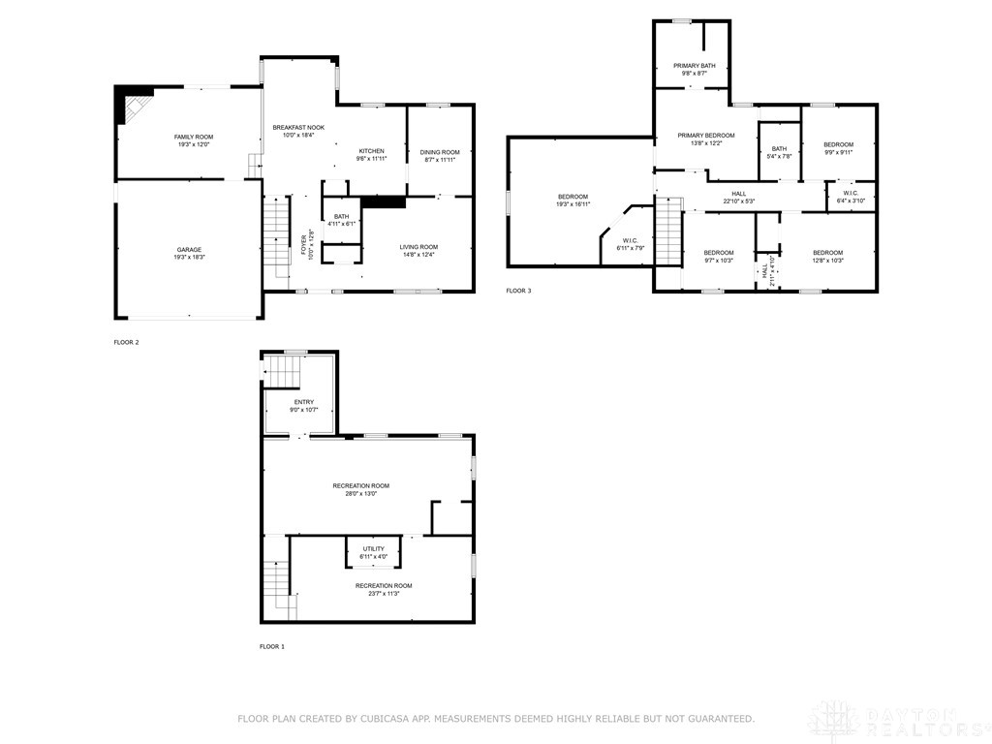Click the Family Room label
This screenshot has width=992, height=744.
(193, 137)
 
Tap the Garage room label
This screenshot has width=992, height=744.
(189, 249)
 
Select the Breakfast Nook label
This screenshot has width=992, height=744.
(298, 127)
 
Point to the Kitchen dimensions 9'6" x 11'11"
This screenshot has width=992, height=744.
(372, 160)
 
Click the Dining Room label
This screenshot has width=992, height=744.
(439, 151)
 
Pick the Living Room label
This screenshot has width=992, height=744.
(419, 246)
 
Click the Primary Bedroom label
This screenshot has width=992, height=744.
(705, 135)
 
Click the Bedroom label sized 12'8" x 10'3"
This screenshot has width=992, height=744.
(827, 252)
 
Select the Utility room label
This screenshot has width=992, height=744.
(374, 548)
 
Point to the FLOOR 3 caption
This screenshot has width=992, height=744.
(518, 290)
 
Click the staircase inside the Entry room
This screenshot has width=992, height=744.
(283, 370)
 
